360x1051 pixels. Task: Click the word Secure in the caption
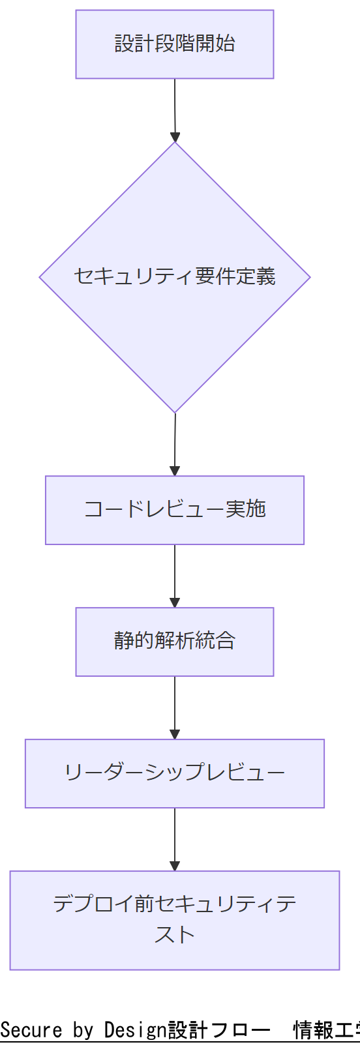pos(31,1030)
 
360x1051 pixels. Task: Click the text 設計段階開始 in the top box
pos(175,44)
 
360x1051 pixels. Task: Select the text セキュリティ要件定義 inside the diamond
pos(175,276)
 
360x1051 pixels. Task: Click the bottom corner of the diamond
pos(175,411)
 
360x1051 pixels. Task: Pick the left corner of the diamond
pos(41,278)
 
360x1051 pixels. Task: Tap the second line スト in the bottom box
pos(175,935)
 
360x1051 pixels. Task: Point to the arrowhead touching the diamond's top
pos(175,137)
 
